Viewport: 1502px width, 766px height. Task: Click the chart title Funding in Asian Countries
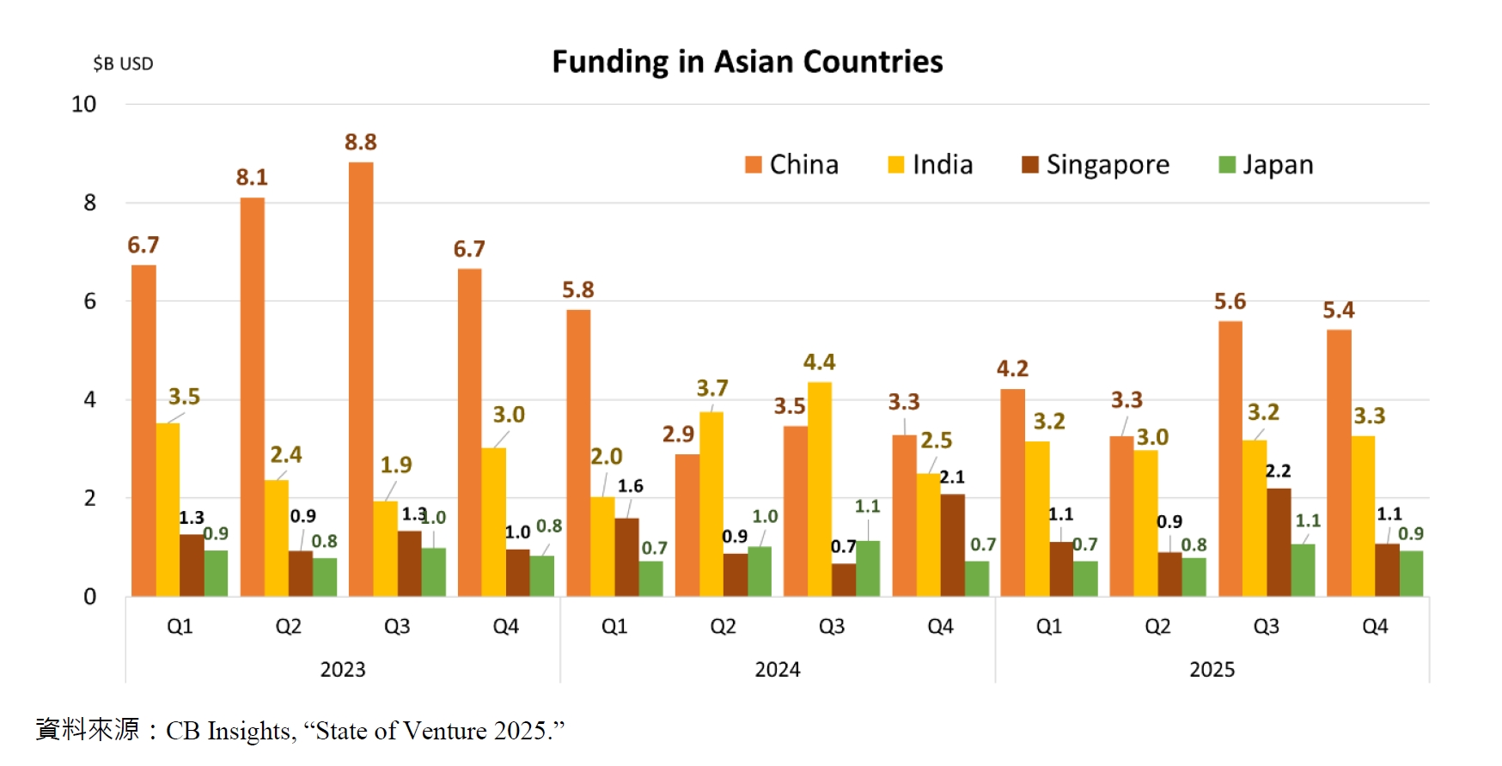(x=747, y=62)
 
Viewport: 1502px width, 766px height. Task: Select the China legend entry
(x=791, y=164)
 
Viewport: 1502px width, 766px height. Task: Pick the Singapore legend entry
(x=1096, y=164)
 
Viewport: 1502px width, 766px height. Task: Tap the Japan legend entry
(x=1267, y=164)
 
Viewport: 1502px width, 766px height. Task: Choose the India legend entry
(x=931, y=164)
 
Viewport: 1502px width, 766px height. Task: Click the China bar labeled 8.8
(x=361, y=378)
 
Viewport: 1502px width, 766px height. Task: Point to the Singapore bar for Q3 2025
(x=1279, y=542)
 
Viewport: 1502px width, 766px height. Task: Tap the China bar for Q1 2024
(x=578, y=453)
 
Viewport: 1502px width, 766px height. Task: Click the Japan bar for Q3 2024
(x=868, y=568)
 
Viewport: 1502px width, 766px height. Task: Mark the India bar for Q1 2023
(x=168, y=509)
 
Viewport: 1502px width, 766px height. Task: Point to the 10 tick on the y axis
(x=83, y=105)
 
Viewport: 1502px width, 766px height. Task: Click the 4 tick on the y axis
(x=89, y=399)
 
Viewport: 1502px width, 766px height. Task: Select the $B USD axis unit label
(x=123, y=64)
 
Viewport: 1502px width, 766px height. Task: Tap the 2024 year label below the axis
(x=777, y=669)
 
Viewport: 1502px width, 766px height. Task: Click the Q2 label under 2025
(x=1157, y=626)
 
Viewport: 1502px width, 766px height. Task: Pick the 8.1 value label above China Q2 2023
(x=252, y=178)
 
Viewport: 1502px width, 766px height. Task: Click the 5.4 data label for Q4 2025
(x=1338, y=310)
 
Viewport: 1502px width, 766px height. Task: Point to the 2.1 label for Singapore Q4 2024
(x=952, y=477)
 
